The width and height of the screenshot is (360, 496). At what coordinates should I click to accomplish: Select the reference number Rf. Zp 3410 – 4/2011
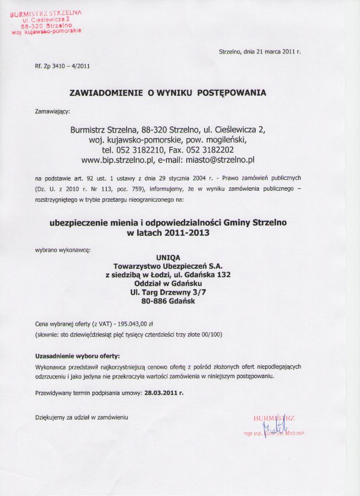(62, 66)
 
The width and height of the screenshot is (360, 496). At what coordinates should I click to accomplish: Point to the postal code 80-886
(153, 301)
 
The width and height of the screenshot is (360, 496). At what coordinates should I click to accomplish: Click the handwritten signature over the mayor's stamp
(276, 425)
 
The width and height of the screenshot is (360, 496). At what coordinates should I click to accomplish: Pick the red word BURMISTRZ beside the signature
(274, 418)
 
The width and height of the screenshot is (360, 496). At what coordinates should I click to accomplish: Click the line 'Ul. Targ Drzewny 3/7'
(168, 292)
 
